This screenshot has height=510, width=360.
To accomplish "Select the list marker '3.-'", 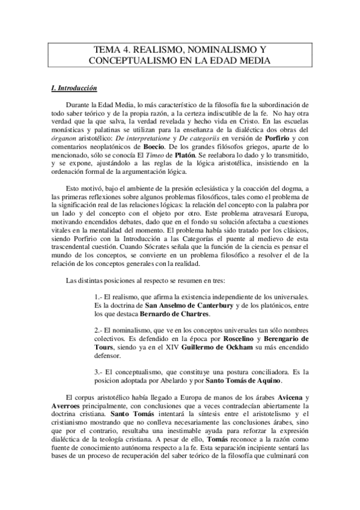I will point(100,372).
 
